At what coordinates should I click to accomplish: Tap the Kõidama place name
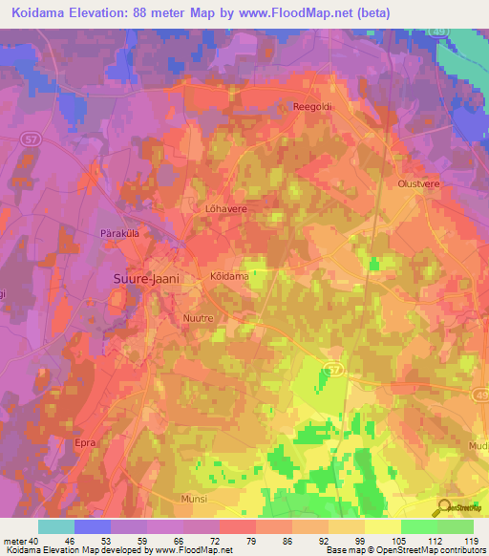[229, 276]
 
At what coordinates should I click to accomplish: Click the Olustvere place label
[415, 182]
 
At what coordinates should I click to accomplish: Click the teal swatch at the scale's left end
[55, 526]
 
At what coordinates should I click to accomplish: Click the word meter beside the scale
[15, 541]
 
